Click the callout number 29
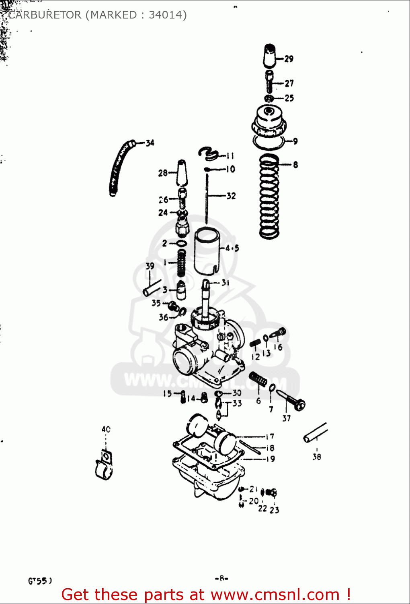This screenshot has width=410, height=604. coord(289,59)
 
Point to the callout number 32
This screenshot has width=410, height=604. coord(231,196)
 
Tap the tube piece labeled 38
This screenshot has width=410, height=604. coord(316,433)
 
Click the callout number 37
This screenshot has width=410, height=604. coord(286,418)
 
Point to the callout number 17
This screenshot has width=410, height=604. coord(270,436)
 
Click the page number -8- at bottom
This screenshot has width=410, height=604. coord(221,579)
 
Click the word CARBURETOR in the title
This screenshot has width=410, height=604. coord(45,15)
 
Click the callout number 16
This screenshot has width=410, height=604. coord(278,347)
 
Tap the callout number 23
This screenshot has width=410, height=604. coord(275,510)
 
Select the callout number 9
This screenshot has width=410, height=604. coord(295,141)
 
